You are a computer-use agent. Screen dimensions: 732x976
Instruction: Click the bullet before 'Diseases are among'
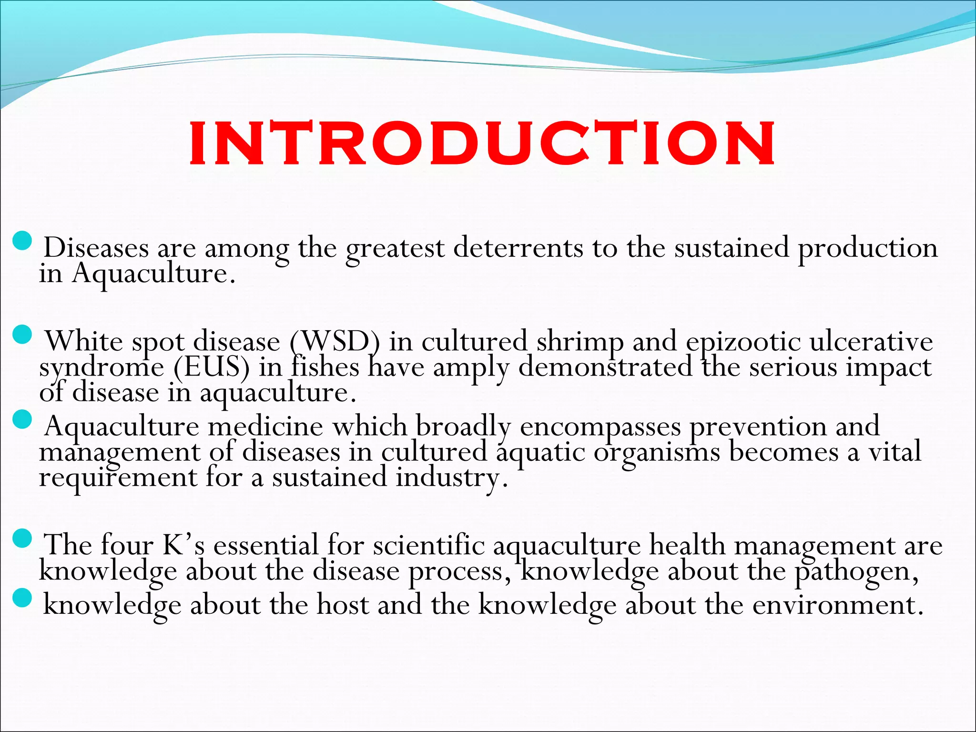tap(21, 241)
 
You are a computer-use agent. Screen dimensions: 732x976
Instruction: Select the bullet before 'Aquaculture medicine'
tap(21, 420)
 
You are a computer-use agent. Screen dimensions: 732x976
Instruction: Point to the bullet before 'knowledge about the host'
tap(21, 598)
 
